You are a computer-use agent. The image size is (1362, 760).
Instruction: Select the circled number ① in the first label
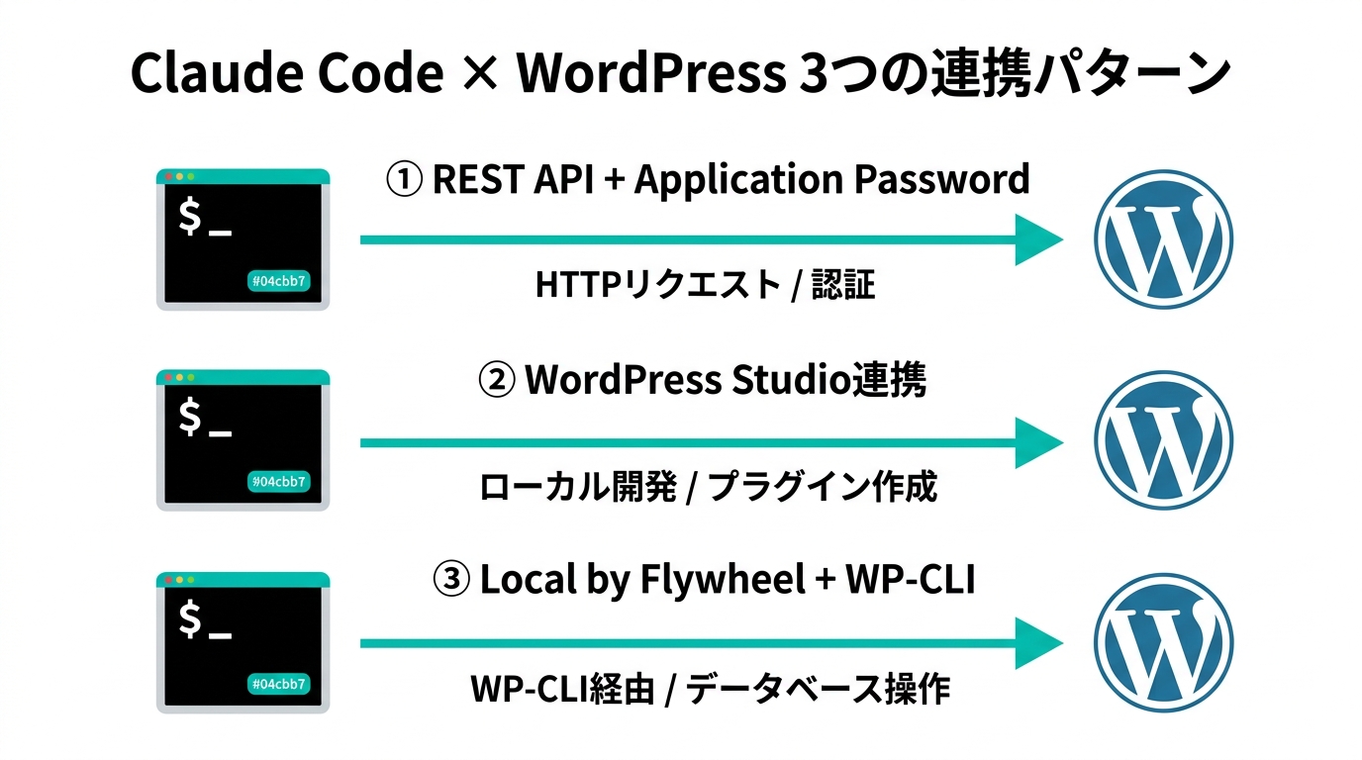point(403,180)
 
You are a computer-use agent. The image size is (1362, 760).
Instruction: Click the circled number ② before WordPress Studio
point(496,381)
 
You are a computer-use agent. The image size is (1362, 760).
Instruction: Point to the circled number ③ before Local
point(451,581)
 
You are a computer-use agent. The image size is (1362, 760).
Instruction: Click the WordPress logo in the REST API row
point(1163,239)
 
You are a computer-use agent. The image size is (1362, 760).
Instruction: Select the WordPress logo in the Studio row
point(1163,440)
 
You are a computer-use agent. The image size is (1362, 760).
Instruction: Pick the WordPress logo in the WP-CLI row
point(1163,642)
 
